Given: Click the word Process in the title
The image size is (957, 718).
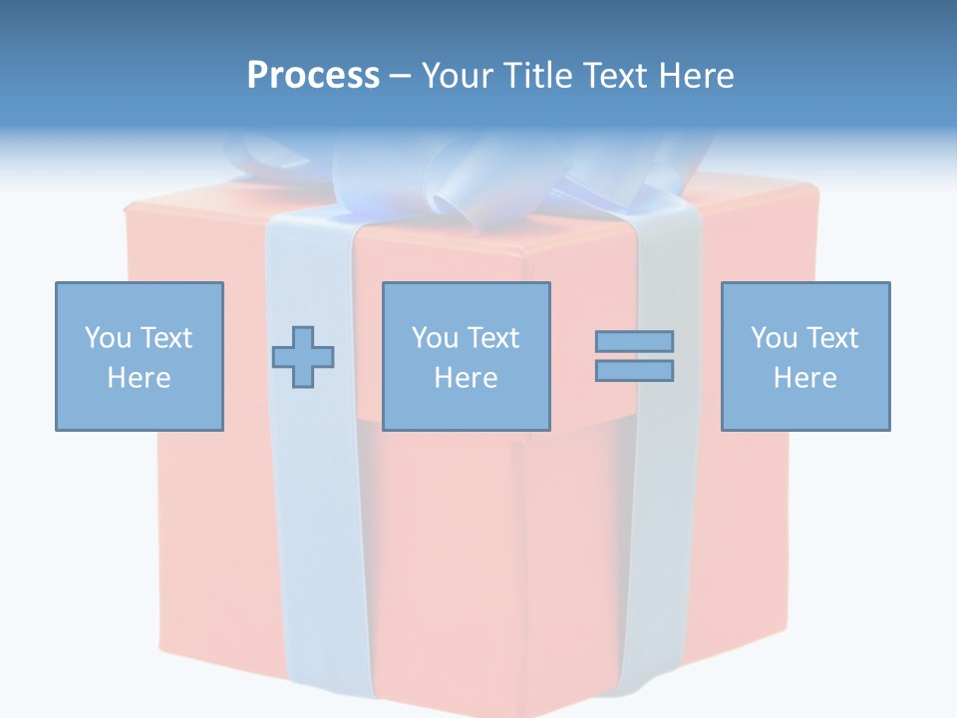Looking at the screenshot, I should pos(313,76).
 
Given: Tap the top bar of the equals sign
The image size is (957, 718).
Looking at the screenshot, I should pos(634,341).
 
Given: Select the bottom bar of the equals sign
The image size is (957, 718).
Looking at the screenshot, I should pos(634,370).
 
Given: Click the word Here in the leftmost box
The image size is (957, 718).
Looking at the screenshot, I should pos(139,378).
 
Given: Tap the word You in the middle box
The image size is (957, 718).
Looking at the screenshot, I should pos(435,338).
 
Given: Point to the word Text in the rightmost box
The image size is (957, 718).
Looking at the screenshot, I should pos(831,338).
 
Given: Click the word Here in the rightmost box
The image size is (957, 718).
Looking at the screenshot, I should pos(804,378).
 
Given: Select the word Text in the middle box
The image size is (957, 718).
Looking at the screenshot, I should pos(492,338).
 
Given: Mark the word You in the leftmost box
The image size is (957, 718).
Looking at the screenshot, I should pos(108,338).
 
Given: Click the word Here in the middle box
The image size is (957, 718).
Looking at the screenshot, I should pos(466,378).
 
